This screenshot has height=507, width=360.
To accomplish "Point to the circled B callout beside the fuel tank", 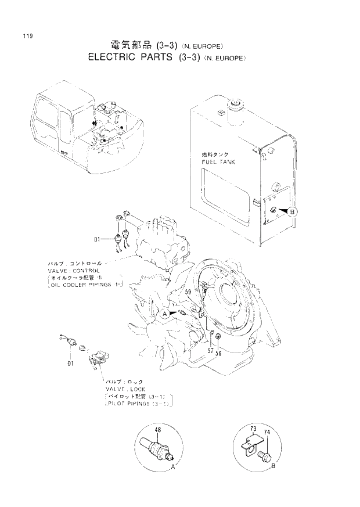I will click(x=292, y=212).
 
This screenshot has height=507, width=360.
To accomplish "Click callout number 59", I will click(x=188, y=293).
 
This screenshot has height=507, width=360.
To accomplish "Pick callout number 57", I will click(x=210, y=351).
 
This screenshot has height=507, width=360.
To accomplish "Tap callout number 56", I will click(x=218, y=352).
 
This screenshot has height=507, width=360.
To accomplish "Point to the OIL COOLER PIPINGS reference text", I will click(x=81, y=285).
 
